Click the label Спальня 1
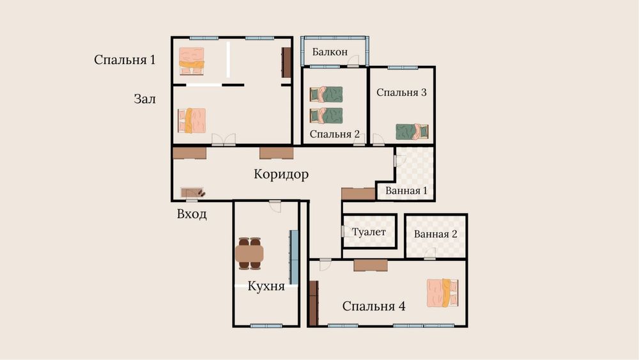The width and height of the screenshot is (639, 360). tap(125, 60)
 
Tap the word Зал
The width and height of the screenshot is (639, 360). tap(144, 99)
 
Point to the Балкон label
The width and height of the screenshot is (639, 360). tap(330, 52)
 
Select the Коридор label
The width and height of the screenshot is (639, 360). tap(281, 174)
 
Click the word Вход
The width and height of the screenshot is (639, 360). tap(192, 214)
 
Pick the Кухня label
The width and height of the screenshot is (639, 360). tap(266, 286)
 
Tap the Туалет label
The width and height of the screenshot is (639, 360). tap(369, 232)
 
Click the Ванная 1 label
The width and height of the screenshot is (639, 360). tap(406, 191)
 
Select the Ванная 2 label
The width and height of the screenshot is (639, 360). tap(436, 234)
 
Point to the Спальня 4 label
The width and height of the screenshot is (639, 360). tap(374, 306)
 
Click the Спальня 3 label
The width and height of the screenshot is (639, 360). tap(401, 93)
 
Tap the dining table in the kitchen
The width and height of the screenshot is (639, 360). tap(249, 253)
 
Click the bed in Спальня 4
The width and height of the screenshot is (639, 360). tap(443, 293)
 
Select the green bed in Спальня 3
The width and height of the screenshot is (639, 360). tap(412, 132)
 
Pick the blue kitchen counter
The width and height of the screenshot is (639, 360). tap(294, 257)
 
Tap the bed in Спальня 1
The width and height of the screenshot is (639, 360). tap(192, 61)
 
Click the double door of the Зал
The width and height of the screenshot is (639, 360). tap(224, 139)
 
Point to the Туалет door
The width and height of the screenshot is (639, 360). tap(346, 231)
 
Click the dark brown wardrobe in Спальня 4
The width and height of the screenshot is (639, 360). tap(313, 303)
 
